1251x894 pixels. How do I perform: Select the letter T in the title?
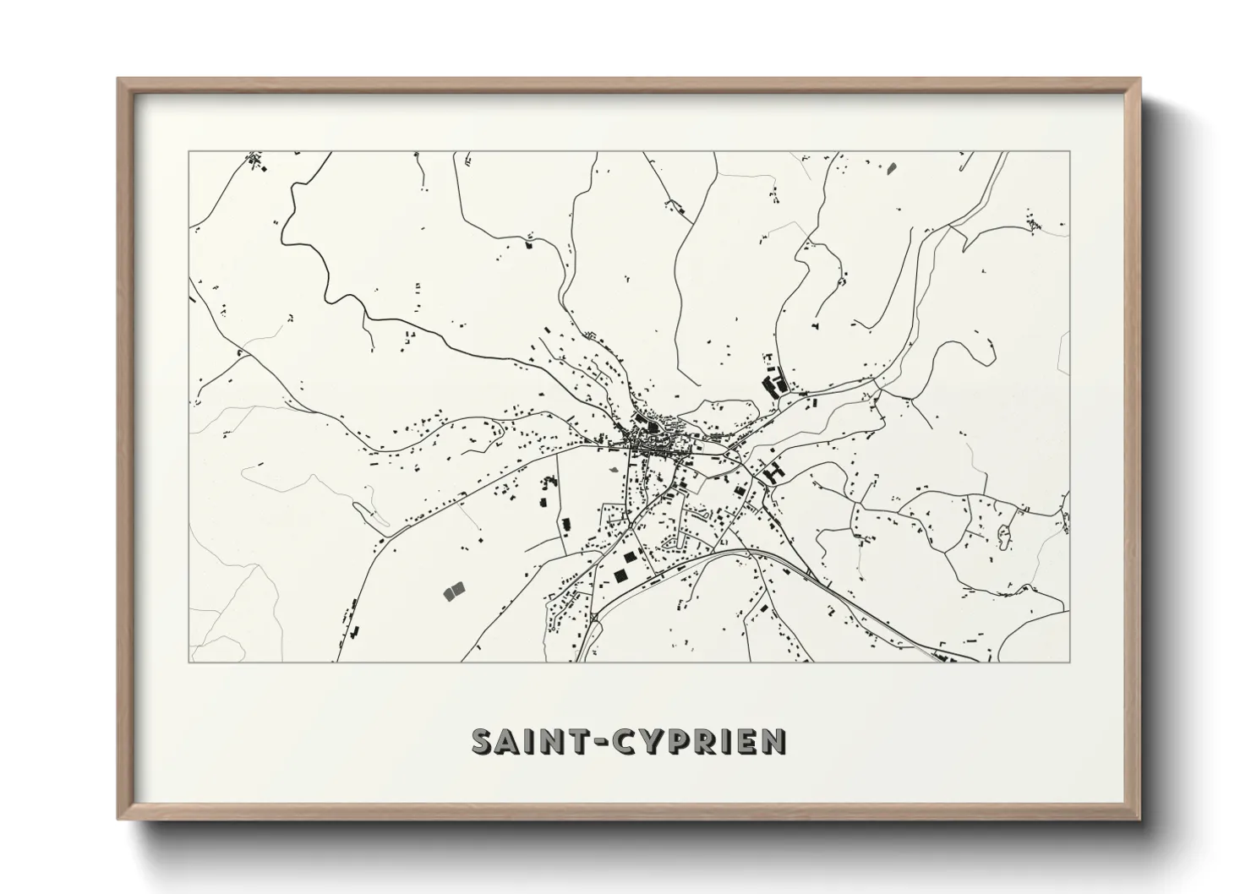click(x=584, y=741)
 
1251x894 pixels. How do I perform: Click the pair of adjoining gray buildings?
click(x=454, y=591)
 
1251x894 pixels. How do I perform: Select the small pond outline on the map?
click(x=1004, y=533)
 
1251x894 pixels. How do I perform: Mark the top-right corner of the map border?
click(x=1070, y=152)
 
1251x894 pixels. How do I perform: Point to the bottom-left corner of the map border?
click(x=188, y=662)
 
